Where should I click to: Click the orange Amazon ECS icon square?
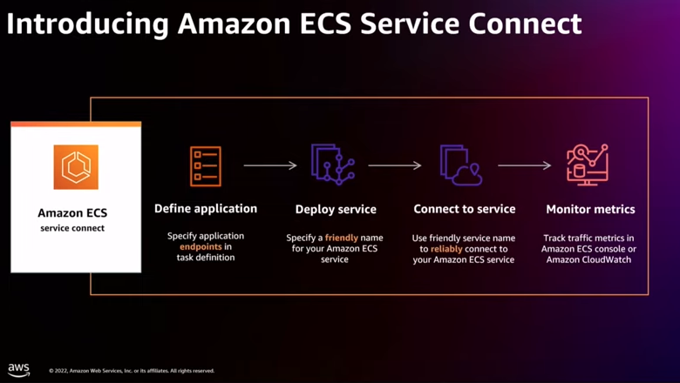pyautogui.click(x=76, y=167)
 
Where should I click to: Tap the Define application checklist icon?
pyautogui.click(x=206, y=166)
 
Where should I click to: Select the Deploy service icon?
pyautogui.click(x=333, y=165)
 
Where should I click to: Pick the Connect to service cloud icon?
pyautogui.click(x=461, y=165)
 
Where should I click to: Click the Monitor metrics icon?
pyautogui.click(x=588, y=165)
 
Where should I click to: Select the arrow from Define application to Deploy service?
pyautogui.click(x=270, y=165)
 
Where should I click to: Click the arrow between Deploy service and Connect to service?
pyautogui.click(x=395, y=165)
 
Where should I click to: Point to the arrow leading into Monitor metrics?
pyautogui.click(x=524, y=165)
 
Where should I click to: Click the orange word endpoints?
pyautogui.click(x=201, y=246)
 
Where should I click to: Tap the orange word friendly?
pyautogui.click(x=342, y=238)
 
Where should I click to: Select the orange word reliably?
pyautogui.click(x=446, y=249)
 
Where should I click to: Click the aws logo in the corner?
pyautogui.click(x=18, y=370)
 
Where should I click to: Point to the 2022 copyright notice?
pyautogui.click(x=132, y=371)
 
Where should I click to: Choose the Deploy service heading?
pyautogui.click(x=336, y=210)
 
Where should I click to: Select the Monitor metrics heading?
pyautogui.click(x=590, y=210)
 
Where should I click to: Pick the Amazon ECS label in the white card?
pyautogui.click(x=72, y=213)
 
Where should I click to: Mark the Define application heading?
pyautogui.click(x=206, y=209)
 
